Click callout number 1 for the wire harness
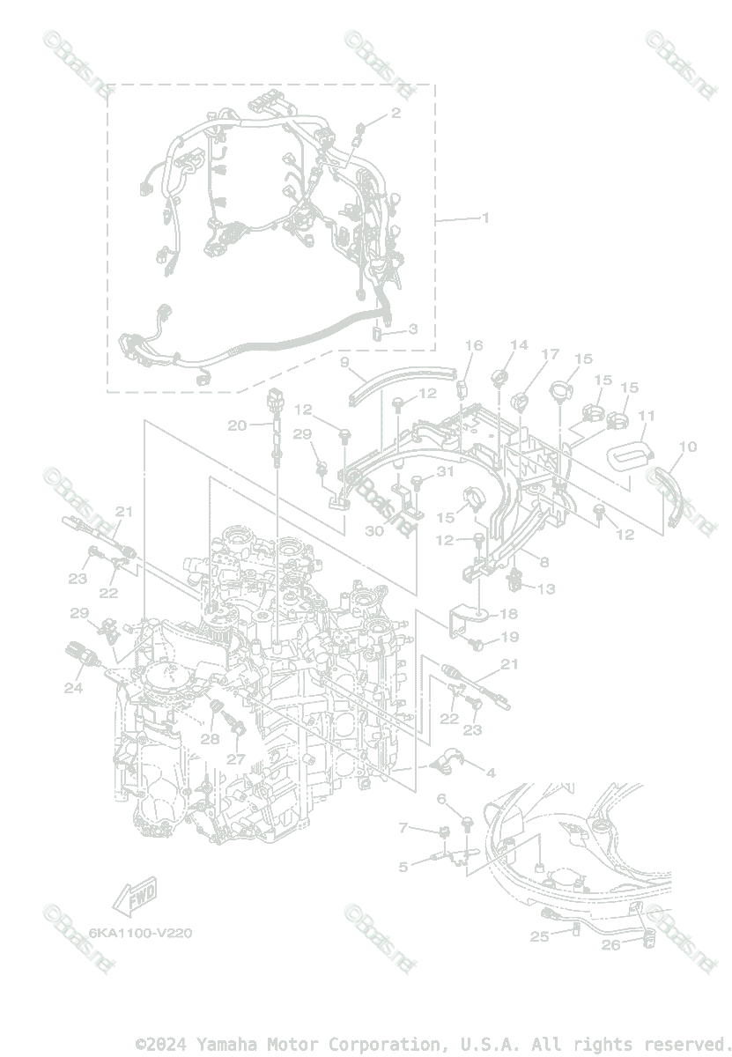coord(484,218)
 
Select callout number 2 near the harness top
coord(396,113)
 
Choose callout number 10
coord(688,447)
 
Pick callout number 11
coord(647,415)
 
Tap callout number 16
coord(474,345)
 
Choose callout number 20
coord(237,425)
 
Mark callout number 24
coord(73,688)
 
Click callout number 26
coord(610,945)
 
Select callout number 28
coord(210,739)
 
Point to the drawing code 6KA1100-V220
coord(140,933)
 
